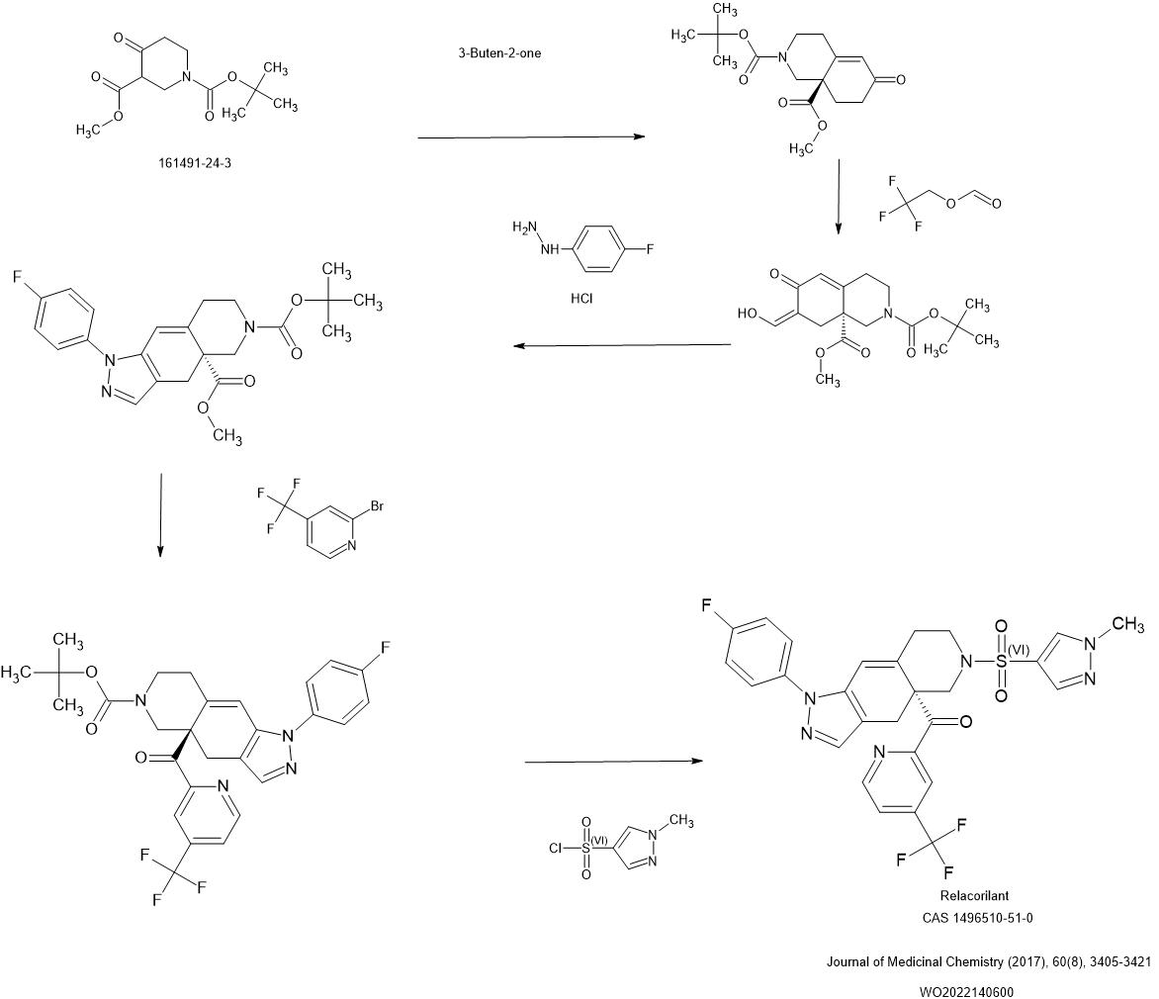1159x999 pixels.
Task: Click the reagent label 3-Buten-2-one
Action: click(499, 53)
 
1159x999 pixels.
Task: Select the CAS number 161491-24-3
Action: click(195, 163)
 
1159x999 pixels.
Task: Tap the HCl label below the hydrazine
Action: click(581, 298)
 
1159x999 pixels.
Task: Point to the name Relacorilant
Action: click(974, 896)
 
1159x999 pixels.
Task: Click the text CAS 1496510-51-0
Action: click(977, 918)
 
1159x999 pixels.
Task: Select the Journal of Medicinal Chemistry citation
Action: click(988, 961)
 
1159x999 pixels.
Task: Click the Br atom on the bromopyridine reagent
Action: click(379, 505)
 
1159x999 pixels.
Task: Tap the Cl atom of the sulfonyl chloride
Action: click(556, 849)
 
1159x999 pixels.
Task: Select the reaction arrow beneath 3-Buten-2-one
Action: click(530, 137)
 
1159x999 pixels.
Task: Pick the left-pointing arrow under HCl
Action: click(621, 345)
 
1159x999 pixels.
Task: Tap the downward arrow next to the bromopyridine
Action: click(160, 514)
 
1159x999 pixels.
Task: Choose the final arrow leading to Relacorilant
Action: click(612, 762)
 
